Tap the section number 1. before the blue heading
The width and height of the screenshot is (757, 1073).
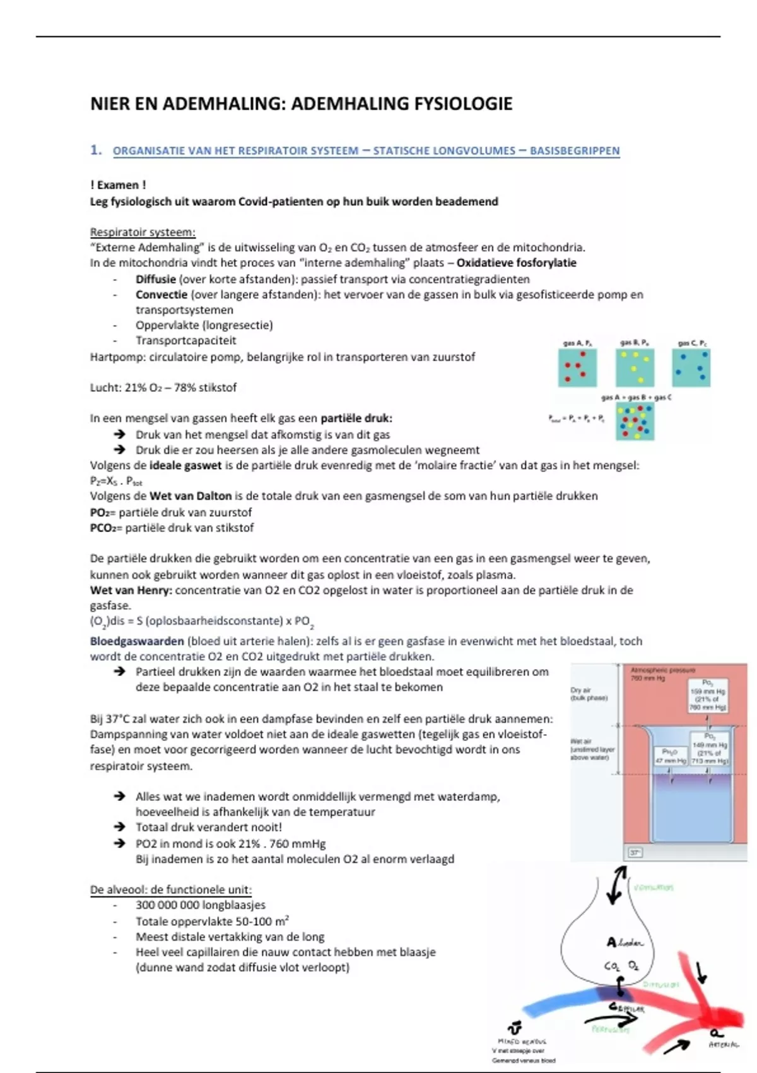click(96, 150)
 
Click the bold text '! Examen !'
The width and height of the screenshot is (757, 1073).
click(118, 185)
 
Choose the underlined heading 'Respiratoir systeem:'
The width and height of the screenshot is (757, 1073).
click(143, 232)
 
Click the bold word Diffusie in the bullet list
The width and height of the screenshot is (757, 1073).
click(155, 279)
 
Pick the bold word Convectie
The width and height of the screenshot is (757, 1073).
click(161, 294)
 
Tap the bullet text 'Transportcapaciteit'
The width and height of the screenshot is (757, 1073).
click(185, 341)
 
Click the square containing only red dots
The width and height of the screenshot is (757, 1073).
click(577, 368)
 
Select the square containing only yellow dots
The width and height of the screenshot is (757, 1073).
click(635, 368)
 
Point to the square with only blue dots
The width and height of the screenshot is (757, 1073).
click(691, 368)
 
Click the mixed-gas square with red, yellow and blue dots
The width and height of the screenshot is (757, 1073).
click(635, 422)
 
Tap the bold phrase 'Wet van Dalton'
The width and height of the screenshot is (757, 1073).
click(191, 496)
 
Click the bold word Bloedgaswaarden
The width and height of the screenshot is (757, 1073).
click(137, 641)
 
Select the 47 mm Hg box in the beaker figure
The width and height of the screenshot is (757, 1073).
click(670, 756)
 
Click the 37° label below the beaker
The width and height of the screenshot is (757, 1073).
click(635, 853)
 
